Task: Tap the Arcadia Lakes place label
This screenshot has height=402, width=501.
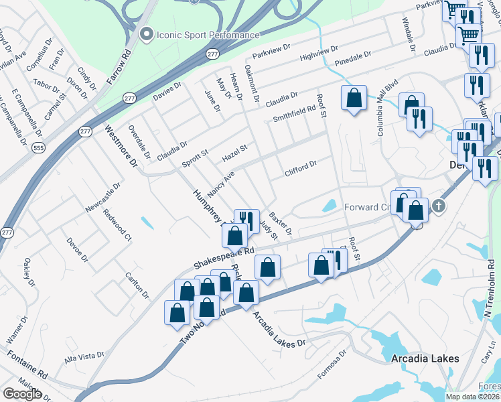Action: (x=425, y=358)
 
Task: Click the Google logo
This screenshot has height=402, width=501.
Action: (x=22, y=394)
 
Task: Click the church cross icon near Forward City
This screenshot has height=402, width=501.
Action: (x=439, y=206)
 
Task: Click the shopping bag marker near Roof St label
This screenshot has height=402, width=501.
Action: (x=354, y=98)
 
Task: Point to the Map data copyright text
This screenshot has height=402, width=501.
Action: (x=473, y=397)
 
